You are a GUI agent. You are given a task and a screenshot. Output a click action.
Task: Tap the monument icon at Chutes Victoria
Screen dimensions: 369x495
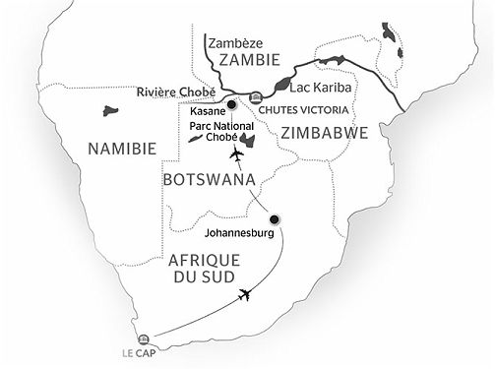256,97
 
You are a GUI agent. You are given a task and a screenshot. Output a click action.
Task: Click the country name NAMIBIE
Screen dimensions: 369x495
123,149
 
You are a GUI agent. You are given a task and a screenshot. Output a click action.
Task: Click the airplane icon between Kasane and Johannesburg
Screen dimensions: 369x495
235,154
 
